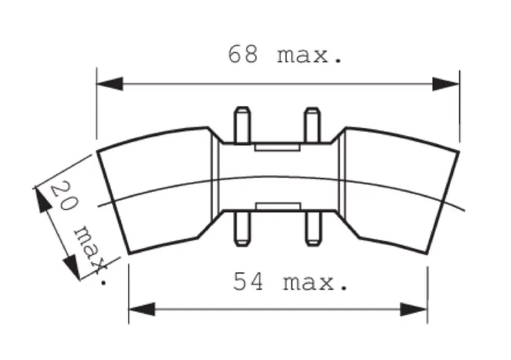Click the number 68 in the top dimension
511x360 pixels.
click(x=243, y=54)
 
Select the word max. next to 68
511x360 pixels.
click(x=310, y=56)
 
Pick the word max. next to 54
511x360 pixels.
click(x=316, y=283)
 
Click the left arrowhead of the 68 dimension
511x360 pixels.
click(x=110, y=84)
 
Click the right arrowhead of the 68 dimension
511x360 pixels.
click(x=446, y=84)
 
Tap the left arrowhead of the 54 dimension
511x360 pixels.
click(x=142, y=309)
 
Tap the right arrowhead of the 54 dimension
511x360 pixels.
click(x=413, y=309)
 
